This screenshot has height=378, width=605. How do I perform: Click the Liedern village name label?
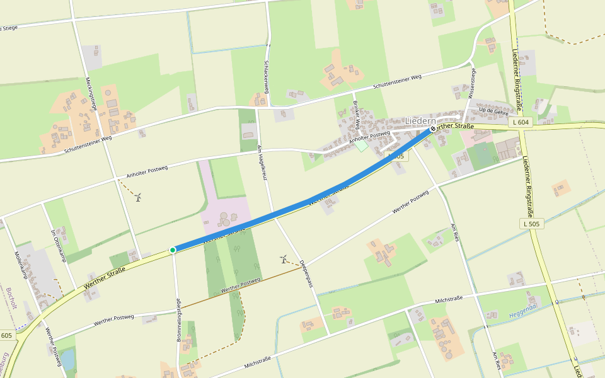420,120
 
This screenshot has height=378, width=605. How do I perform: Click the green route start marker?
173,250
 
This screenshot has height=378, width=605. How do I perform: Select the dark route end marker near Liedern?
432,129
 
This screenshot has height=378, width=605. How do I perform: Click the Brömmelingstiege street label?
179,319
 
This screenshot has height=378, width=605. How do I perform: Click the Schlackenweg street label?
267,76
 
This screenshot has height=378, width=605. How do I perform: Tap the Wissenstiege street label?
473,84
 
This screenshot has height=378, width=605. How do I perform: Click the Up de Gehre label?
493,111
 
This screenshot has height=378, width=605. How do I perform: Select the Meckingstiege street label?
91,93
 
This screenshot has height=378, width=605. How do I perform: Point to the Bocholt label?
10,298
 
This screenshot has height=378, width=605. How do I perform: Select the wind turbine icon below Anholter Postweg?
138,197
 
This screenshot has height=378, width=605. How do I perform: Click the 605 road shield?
6,335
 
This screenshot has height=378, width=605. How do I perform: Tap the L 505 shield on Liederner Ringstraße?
531,224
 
